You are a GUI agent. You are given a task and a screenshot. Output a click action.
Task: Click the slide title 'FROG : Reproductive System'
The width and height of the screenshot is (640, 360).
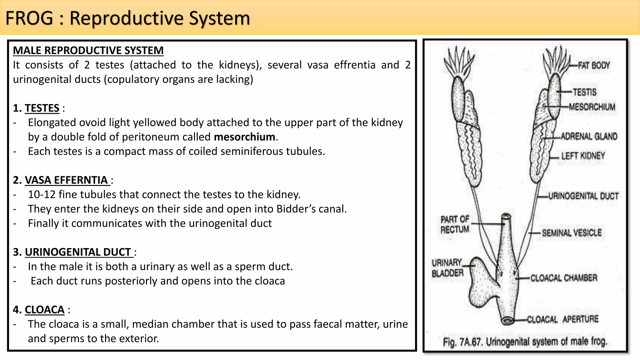[127, 18]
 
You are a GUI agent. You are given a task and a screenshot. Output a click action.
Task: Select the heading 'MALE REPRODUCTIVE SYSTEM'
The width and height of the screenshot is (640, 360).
[88, 50]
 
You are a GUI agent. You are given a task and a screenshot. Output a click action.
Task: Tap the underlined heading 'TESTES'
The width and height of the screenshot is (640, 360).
[42, 108]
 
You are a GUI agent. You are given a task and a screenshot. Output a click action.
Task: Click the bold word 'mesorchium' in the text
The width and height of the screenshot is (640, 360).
[244, 137]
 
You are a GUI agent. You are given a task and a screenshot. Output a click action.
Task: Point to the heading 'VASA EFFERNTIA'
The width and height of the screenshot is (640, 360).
[66, 180]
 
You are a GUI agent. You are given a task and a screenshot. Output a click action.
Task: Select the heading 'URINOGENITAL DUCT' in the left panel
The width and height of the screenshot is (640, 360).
[78, 252]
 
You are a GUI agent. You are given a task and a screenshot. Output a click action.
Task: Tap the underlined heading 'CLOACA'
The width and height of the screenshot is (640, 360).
[44, 310]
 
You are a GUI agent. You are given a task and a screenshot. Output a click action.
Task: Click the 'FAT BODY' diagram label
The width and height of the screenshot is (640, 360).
[593, 66]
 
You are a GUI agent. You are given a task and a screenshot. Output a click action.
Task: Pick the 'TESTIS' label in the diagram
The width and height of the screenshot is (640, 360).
[584, 92]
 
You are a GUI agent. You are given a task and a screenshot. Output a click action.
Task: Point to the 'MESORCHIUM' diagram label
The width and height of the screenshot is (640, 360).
[592, 107]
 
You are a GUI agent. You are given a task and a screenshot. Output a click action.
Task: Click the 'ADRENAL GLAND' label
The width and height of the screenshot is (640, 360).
[589, 137]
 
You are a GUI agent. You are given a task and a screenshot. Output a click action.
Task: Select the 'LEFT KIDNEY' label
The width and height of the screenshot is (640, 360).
[583, 156]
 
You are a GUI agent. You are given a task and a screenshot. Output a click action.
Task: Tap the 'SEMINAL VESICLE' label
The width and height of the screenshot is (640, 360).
[572, 233]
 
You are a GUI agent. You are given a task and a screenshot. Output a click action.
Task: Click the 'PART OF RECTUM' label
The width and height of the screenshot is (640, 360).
[455, 224]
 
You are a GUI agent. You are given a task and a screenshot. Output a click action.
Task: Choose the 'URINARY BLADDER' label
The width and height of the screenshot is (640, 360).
[447, 268]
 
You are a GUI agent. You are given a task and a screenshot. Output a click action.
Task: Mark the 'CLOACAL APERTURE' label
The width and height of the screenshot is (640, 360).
[562, 319]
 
